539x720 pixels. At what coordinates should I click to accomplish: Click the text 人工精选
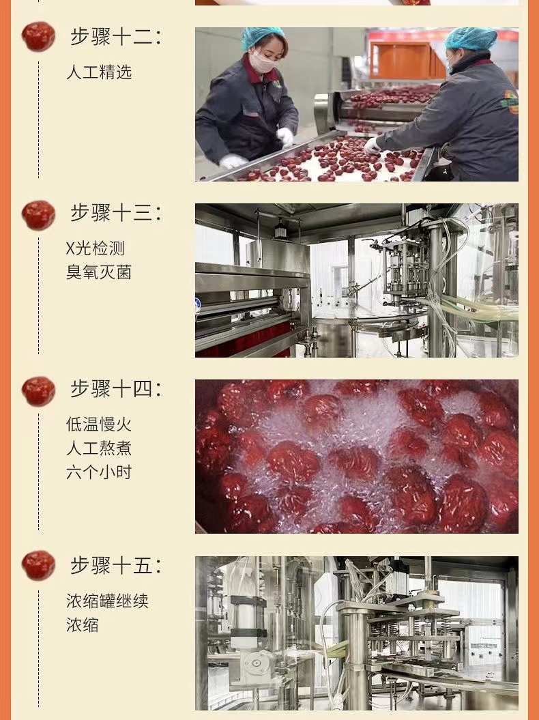click(99, 72)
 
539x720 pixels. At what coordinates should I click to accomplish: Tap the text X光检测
click(95, 248)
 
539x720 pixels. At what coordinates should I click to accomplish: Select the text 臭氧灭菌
click(99, 272)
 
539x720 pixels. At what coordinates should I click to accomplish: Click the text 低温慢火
click(99, 424)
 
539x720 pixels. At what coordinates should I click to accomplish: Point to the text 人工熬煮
click(99, 448)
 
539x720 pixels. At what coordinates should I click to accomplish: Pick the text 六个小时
click(99, 472)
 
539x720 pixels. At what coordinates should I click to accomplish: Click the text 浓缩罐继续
click(107, 601)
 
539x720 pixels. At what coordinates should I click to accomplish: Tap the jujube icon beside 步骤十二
click(38, 36)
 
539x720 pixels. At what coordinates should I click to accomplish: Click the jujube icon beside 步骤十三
click(38, 215)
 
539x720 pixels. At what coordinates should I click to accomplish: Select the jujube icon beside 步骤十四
click(38, 391)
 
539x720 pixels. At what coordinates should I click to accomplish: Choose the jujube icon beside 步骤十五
click(38, 565)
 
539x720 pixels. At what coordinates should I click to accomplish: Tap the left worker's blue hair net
click(262, 37)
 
